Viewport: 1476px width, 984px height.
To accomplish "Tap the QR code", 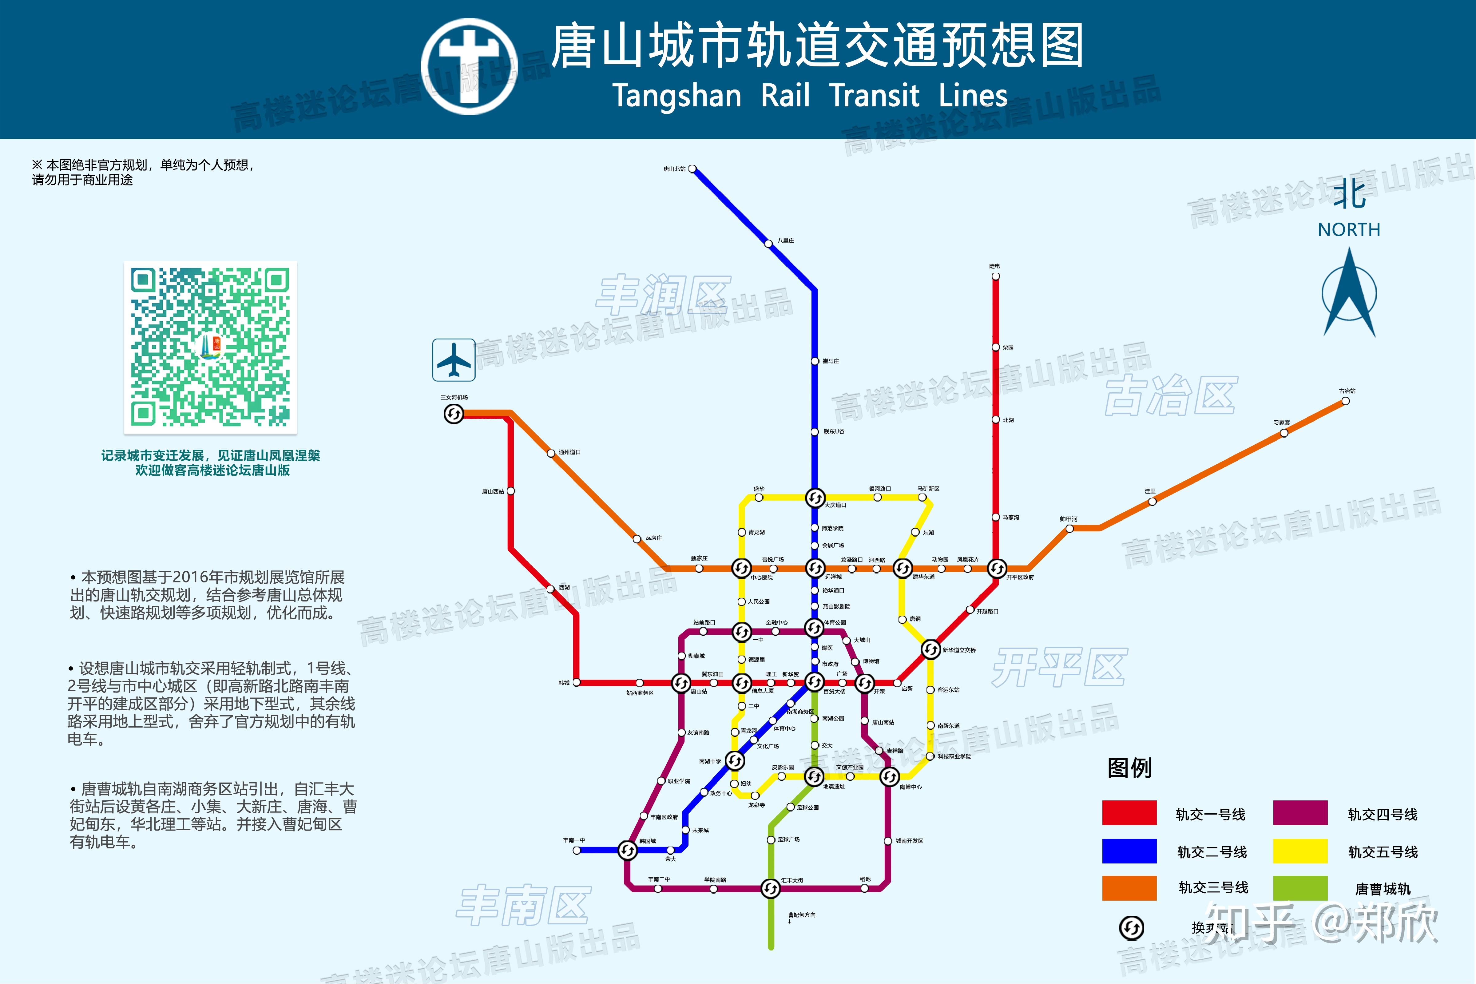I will tap(210, 347).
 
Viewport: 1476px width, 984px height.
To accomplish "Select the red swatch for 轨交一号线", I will tap(1129, 813).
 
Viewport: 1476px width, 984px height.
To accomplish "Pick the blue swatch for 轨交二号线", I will tap(1129, 851).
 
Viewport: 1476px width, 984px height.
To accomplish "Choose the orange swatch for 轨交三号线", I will tap(1129, 888).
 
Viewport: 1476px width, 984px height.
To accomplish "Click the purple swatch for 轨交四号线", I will tap(1300, 813).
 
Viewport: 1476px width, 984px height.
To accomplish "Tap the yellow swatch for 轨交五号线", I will tap(1300, 851).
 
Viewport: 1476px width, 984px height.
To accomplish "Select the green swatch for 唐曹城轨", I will tap(1300, 888).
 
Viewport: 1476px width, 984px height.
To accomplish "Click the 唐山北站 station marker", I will tap(692, 169).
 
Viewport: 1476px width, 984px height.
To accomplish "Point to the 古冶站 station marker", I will tap(1346, 401).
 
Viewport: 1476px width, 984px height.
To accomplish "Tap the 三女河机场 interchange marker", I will tap(454, 414).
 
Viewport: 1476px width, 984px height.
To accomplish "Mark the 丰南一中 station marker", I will tap(577, 850).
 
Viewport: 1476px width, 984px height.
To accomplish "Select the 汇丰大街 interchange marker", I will tap(771, 888).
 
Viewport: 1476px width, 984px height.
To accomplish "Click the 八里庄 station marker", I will tap(768, 244).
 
